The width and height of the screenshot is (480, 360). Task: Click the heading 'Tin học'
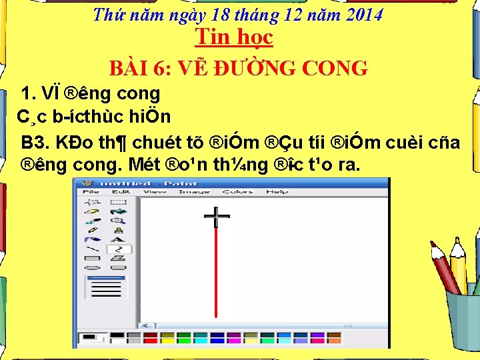tap(233, 37)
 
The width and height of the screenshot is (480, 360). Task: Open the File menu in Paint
tap(91, 192)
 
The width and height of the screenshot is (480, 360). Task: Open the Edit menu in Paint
tap(121, 192)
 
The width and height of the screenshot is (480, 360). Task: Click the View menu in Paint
tap(155, 192)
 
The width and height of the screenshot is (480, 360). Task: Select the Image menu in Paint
tap(194, 192)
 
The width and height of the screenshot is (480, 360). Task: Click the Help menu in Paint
tap(277, 192)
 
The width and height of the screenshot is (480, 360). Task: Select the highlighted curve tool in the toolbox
tap(119, 249)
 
